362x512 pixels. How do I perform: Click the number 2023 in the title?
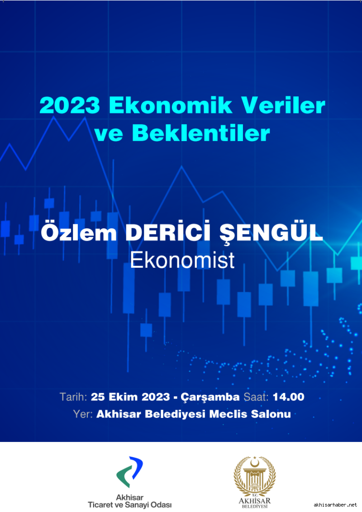[x=70, y=105]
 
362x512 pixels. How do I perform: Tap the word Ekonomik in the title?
[x=171, y=105]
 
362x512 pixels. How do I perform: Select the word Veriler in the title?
[x=283, y=105]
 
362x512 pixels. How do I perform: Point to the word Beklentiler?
[x=201, y=133]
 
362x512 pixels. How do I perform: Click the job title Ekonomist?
[x=182, y=260]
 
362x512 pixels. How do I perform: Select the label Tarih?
[x=73, y=397]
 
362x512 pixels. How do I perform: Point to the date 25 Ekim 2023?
[x=130, y=397]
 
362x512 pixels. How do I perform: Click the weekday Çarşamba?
[x=210, y=398]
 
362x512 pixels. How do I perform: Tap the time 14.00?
[x=289, y=397]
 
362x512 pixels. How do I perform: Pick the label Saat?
[x=256, y=397]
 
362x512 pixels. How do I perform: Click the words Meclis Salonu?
[x=250, y=414]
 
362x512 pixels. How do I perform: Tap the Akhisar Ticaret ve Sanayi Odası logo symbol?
[x=130, y=471]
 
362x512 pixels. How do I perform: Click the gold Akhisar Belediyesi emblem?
[x=254, y=477]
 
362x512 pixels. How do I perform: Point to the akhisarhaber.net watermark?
[x=336, y=505]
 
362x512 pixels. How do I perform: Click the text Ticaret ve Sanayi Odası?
[x=130, y=505]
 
